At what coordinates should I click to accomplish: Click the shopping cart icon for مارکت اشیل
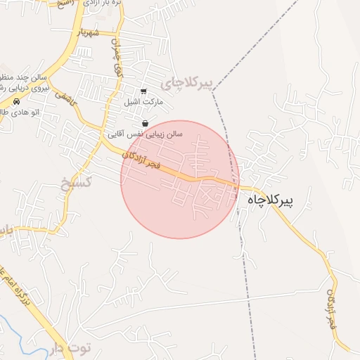pyautogui.click(x=143, y=91)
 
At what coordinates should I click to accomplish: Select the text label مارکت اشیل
pyautogui.click(x=143, y=102)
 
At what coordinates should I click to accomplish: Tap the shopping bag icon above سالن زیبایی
pyautogui.click(x=144, y=123)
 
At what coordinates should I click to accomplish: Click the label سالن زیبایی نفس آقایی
pyautogui.click(x=144, y=133)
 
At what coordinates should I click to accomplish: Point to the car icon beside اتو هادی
pyautogui.click(x=16, y=102)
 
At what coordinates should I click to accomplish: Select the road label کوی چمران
pyautogui.click(x=117, y=58)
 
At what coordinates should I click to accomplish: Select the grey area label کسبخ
pyautogui.click(x=75, y=184)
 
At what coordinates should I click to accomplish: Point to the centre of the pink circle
pyautogui.click(x=180, y=180)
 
